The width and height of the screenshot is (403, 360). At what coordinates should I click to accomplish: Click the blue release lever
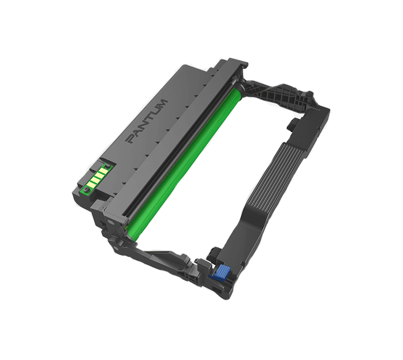click(x=219, y=272)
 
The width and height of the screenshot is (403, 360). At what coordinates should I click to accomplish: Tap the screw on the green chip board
click(x=85, y=189)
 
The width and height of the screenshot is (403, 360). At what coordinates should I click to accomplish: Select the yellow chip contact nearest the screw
click(x=91, y=185)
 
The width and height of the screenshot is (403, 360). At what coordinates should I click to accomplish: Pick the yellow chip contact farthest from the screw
click(x=103, y=171)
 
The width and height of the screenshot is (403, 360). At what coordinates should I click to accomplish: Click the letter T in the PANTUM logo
click(x=148, y=119)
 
